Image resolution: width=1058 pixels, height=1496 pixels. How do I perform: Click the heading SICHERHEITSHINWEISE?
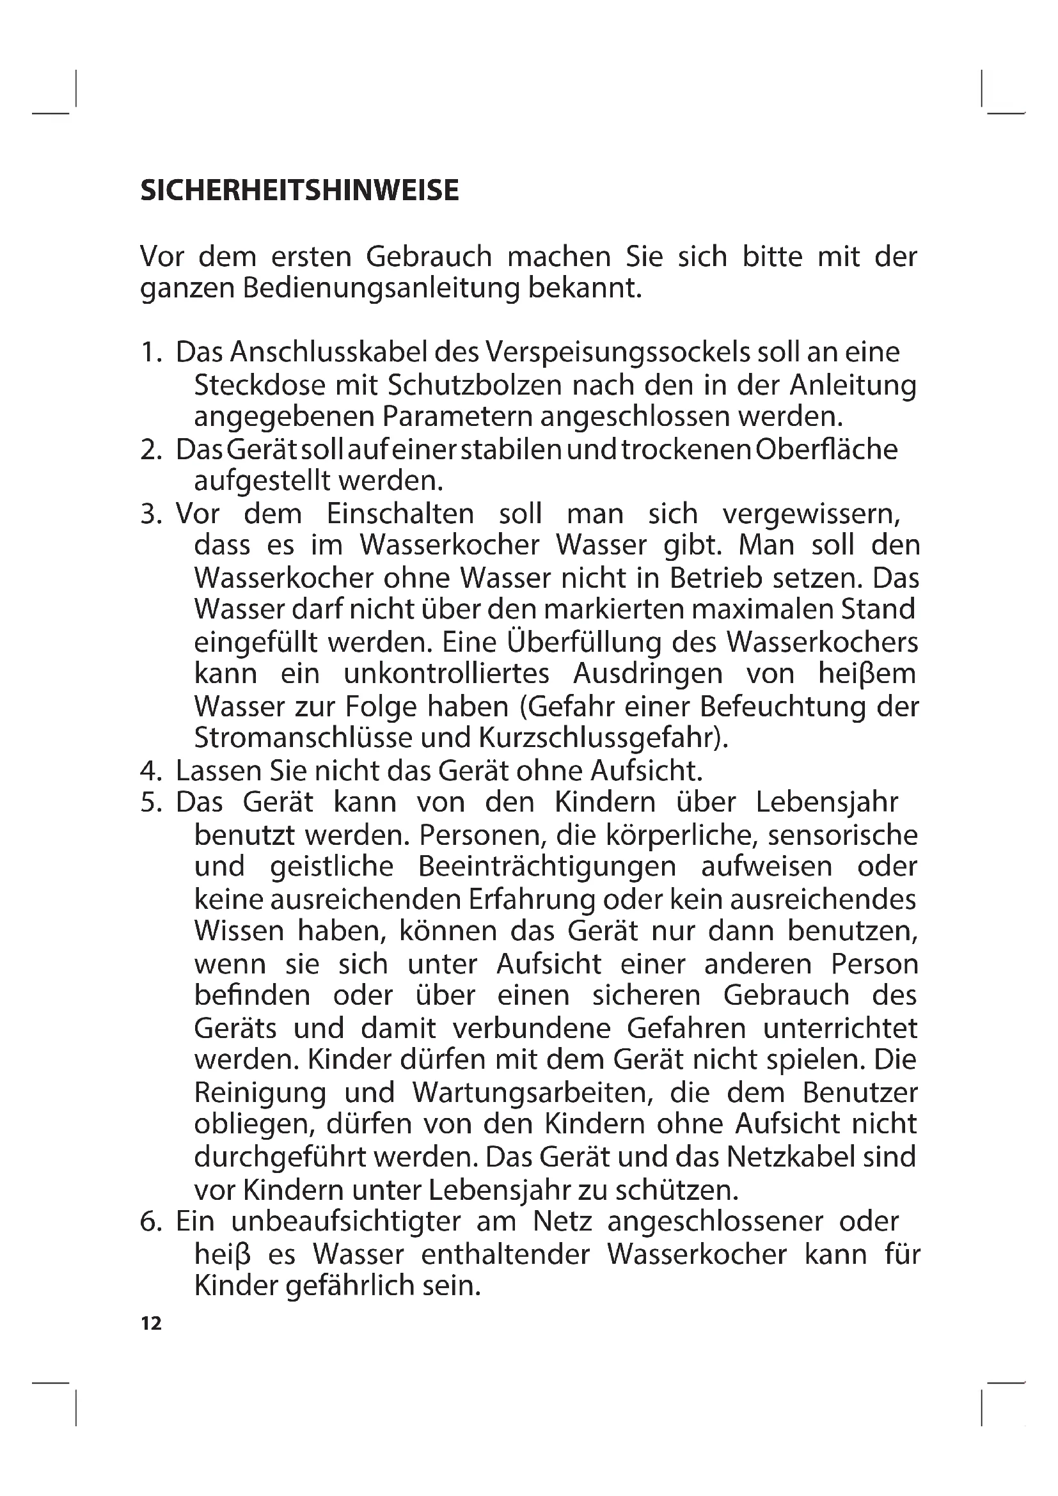[299, 190]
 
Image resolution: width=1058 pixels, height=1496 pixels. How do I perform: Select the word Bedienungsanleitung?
[381, 288]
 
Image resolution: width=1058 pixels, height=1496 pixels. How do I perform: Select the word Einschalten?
[400, 514]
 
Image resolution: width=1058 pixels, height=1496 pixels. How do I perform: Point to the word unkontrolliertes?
[446, 673]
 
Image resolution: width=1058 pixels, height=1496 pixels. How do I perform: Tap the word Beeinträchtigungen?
[548, 867]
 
